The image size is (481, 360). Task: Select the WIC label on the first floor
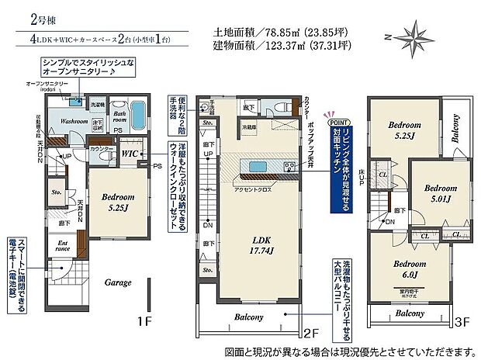coord(129,154)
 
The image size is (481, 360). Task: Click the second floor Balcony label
coord(247,317)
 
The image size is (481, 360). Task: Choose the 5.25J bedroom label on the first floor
coord(117,202)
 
